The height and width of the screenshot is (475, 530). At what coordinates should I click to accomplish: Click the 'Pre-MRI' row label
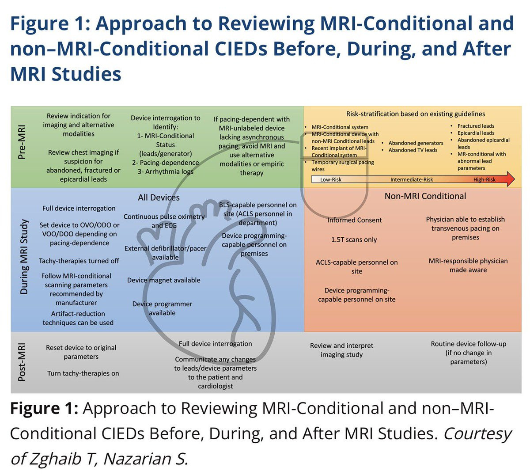pos(21,142)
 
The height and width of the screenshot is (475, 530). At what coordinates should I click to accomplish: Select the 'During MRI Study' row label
pos(24,257)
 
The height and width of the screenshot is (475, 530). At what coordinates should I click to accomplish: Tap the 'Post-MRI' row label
pos(22,362)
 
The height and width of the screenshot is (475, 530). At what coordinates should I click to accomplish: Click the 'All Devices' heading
pos(159,198)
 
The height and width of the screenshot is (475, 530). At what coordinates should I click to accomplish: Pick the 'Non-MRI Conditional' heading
pos(425,196)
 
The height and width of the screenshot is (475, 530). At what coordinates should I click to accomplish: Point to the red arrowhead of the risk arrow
pos(510,179)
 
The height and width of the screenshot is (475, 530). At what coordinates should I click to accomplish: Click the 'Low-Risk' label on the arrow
pos(331,180)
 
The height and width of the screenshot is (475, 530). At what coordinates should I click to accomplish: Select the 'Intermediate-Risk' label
pos(412,180)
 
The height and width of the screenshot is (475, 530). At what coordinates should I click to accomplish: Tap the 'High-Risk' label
pos(485,180)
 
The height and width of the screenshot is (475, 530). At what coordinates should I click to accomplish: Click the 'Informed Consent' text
pos(355,220)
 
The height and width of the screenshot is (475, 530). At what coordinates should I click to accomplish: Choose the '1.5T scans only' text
pos(354,239)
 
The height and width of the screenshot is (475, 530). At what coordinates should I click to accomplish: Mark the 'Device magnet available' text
pos(163,280)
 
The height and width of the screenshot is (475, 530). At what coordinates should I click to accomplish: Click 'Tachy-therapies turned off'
pos(79,261)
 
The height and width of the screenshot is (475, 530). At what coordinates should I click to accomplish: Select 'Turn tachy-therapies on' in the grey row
pos(83,373)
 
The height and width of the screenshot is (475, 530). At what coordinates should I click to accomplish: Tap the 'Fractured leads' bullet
pos(476,126)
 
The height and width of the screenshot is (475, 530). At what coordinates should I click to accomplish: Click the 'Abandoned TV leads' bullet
pos(413,150)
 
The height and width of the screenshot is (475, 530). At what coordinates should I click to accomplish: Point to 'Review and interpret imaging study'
pos(341,350)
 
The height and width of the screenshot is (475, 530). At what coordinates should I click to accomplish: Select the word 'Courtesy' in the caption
pos(477,434)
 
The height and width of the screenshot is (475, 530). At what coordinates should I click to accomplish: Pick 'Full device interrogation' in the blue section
pos(79,208)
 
